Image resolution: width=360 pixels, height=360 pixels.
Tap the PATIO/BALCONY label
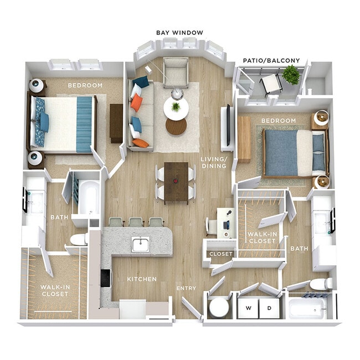click(x=271, y=60)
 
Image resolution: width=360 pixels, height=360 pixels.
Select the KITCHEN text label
click(x=142, y=279)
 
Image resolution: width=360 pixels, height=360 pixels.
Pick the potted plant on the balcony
click(x=290, y=74)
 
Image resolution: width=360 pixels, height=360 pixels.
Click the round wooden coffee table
click(x=176, y=127)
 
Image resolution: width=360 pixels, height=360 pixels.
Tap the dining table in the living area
click(x=176, y=181)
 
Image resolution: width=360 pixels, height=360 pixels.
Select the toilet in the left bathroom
click(x=79, y=239)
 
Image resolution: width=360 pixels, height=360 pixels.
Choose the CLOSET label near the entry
click(x=220, y=254)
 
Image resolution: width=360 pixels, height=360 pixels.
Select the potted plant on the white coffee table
click(x=176, y=106)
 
